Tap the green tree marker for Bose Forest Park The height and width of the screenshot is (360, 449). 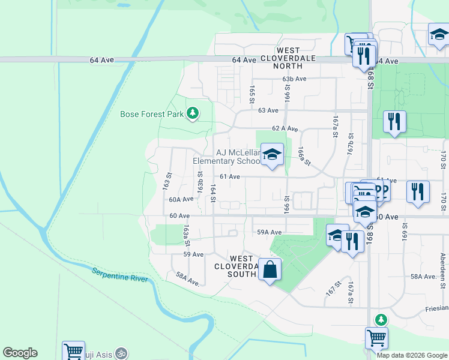[x=193, y=112]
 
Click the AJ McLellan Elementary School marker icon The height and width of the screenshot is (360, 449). [x=272, y=155]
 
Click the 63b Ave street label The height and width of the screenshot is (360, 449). [x=294, y=79]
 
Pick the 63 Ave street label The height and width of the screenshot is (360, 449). [x=268, y=110]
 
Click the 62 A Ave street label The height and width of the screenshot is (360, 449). [x=285, y=128]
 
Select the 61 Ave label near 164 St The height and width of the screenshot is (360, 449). [x=230, y=176]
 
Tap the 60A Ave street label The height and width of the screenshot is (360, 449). [x=181, y=199]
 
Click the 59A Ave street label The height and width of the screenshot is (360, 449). [x=270, y=232]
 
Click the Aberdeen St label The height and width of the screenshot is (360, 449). [x=442, y=265]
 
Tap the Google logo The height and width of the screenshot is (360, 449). [x=20, y=353]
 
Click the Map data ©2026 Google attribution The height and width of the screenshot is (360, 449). [x=411, y=355]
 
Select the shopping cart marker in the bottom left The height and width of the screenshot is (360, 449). [x=73, y=350]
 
